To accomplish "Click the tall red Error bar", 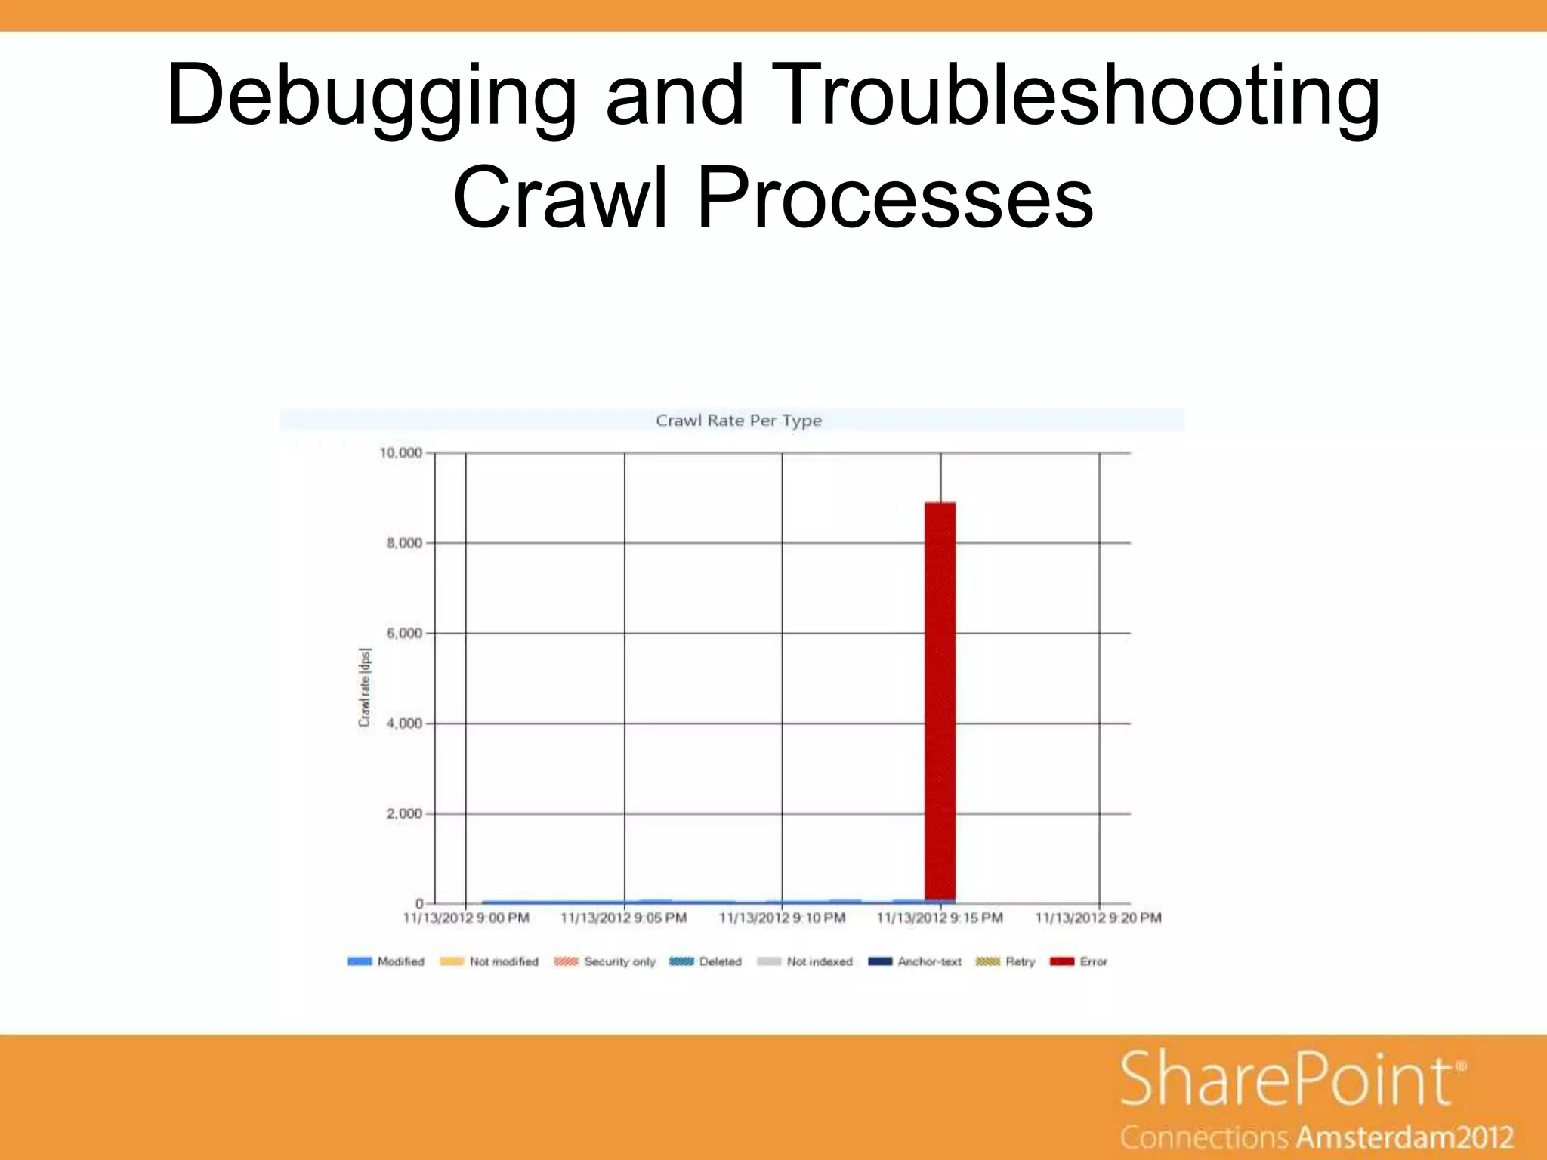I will click(x=940, y=701).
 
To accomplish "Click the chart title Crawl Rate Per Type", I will click(x=738, y=421).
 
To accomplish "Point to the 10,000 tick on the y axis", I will click(x=400, y=453).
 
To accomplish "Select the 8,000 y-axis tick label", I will click(x=404, y=543).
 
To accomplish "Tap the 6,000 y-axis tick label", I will click(x=404, y=633).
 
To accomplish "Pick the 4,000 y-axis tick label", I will click(x=404, y=723).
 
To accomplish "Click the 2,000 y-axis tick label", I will click(x=404, y=813).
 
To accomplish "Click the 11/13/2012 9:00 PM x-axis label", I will click(x=465, y=918).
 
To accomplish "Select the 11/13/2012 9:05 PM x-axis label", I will click(x=623, y=918).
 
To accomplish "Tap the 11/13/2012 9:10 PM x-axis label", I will click(x=782, y=918).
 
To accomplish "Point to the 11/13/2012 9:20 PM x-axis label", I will click(x=1098, y=918).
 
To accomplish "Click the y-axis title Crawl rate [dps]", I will click(x=365, y=687).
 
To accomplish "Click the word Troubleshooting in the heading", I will click(x=1076, y=97).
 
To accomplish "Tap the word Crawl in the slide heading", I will click(x=560, y=198).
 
